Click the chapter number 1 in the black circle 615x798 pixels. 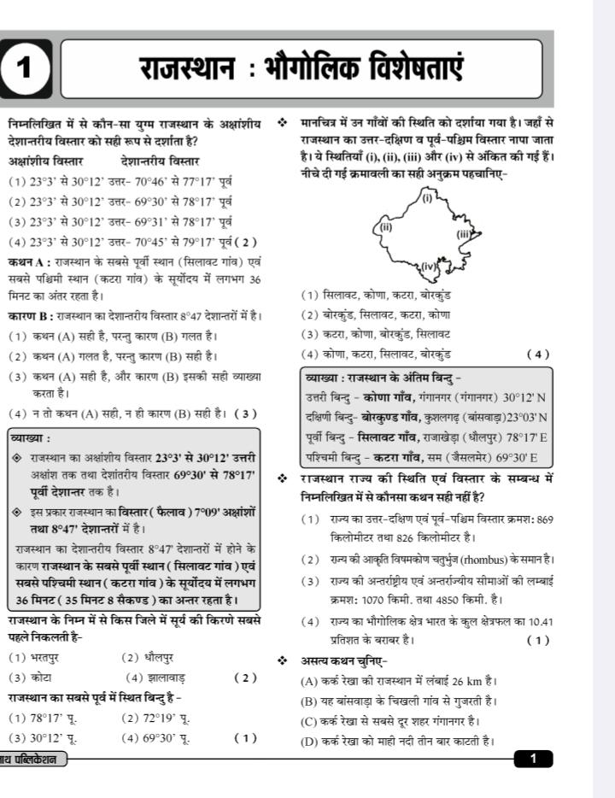click(26, 69)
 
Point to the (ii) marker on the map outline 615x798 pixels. click(385, 227)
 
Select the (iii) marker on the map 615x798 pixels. click(464, 233)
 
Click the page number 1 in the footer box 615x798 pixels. click(533, 757)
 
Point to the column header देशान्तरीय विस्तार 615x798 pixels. click(161, 161)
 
